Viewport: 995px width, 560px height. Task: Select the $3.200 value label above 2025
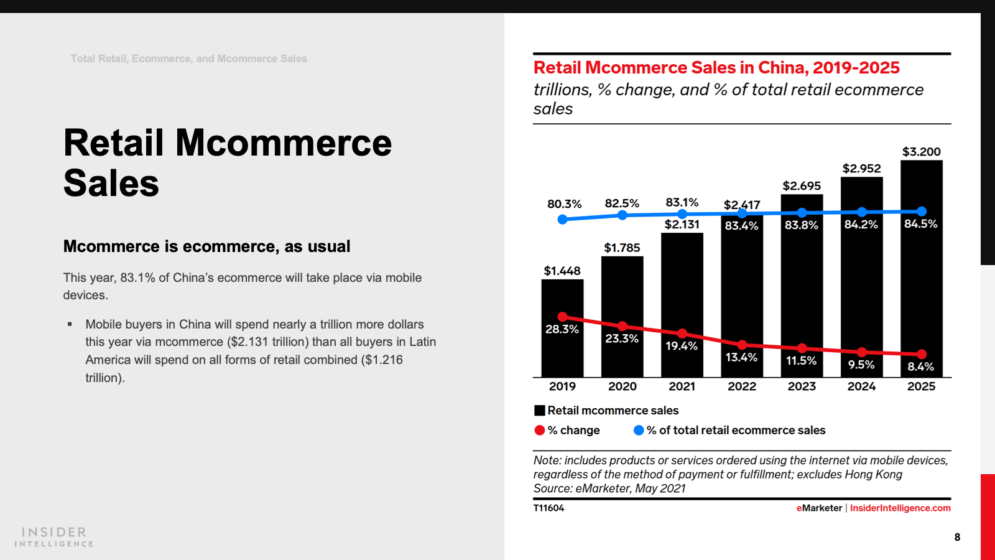click(x=921, y=152)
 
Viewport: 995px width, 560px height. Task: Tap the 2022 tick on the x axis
click(x=742, y=386)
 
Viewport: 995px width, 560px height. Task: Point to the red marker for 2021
click(x=682, y=334)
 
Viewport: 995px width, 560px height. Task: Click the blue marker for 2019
click(x=562, y=219)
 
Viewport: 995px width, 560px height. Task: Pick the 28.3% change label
click(x=562, y=329)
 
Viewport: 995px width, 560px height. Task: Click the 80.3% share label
click(x=564, y=204)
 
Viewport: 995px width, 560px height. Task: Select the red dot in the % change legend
click(x=540, y=430)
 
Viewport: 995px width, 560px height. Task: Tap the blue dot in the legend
click(x=638, y=430)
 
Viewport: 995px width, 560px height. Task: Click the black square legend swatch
click(x=540, y=411)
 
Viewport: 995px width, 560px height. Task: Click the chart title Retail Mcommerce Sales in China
click(x=716, y=68)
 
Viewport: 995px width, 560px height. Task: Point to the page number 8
click(x=957, y=537)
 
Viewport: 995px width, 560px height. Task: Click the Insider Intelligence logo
click(x=54, y=537)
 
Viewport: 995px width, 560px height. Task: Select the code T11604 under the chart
click(x=548, y=508)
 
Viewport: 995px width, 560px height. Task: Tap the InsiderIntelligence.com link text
click(x=900, y=508)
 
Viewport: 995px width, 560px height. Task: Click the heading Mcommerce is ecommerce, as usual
click(x=206, y=246)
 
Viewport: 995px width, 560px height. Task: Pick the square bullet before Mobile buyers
click(x=70, y=324)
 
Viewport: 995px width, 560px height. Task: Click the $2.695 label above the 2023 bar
click(x=802, y=186)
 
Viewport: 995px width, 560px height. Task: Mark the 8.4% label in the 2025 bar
click(x=920, y=366)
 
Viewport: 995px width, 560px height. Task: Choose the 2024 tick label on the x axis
click(x=861, y=386)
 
